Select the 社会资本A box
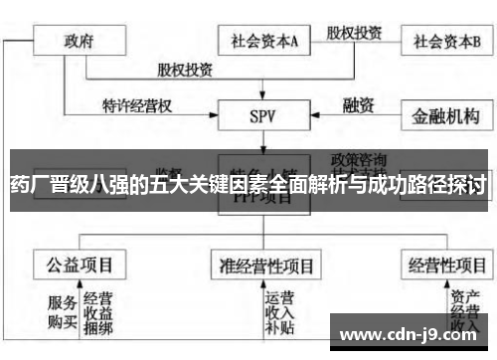(x=265, y=41)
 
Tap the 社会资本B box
(x=447, y=41)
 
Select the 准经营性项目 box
(x=265, y=266)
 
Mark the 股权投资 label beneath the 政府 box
(x=185, y=70)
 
